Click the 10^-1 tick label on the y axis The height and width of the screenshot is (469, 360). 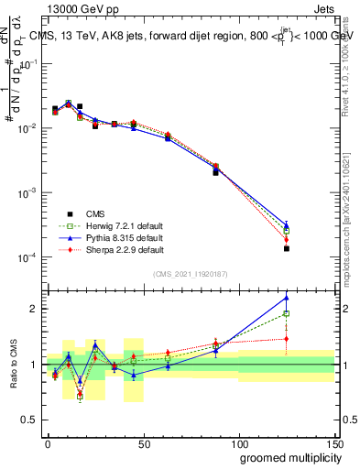click(27, 65)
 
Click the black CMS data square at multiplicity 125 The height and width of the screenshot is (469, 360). click(287, 248)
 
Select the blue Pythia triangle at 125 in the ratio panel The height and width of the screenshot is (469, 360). click(287, 297)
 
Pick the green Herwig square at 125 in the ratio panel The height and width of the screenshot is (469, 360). click(287, 314)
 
